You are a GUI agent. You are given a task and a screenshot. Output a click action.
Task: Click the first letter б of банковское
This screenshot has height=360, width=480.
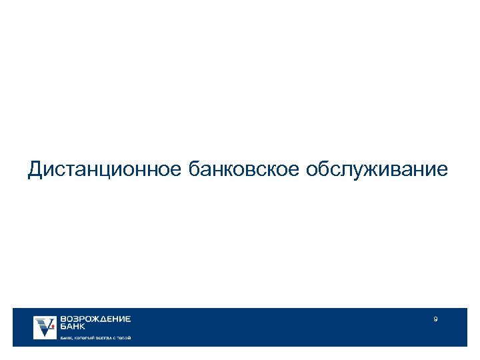click(x=195, y=169)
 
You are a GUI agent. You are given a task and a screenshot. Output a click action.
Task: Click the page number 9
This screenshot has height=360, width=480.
click(x=435, y=320)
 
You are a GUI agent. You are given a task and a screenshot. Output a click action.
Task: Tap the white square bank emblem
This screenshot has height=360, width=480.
click(x=45, y=327)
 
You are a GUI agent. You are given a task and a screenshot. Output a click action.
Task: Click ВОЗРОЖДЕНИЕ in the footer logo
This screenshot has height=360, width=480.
click(x=96, y=319)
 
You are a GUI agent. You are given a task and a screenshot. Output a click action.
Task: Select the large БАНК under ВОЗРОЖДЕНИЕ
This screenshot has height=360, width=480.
click(x=73, y=327)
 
